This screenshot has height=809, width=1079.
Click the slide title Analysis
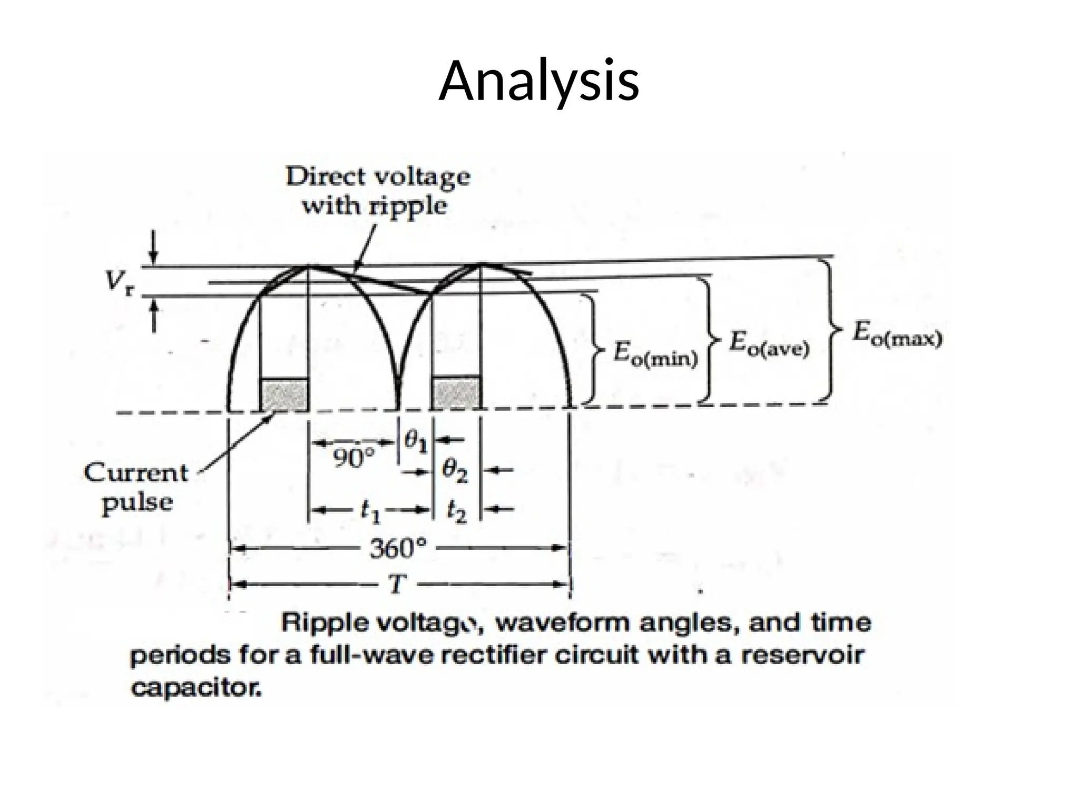539,82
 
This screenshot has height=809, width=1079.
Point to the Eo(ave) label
769,346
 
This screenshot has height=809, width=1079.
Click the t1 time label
370,511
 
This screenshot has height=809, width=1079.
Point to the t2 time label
456,511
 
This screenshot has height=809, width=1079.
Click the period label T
399,584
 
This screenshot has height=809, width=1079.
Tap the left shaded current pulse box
285,395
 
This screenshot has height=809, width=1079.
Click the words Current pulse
136,487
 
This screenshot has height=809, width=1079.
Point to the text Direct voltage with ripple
377,191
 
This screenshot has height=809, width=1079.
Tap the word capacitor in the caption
196,688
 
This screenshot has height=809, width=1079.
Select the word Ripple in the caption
325,624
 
